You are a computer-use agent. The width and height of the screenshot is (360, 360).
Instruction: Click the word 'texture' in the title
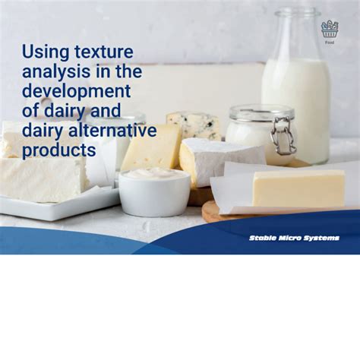104,52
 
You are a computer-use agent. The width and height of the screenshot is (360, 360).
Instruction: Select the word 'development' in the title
76,91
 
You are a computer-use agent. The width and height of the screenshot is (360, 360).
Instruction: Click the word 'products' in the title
58,150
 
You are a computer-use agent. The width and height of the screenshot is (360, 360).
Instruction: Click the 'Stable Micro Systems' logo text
294,238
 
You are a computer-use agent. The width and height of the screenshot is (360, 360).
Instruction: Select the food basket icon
329,30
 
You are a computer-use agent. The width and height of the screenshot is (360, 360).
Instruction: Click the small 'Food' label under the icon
329,43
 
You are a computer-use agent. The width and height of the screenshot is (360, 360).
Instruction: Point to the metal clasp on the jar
283,137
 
